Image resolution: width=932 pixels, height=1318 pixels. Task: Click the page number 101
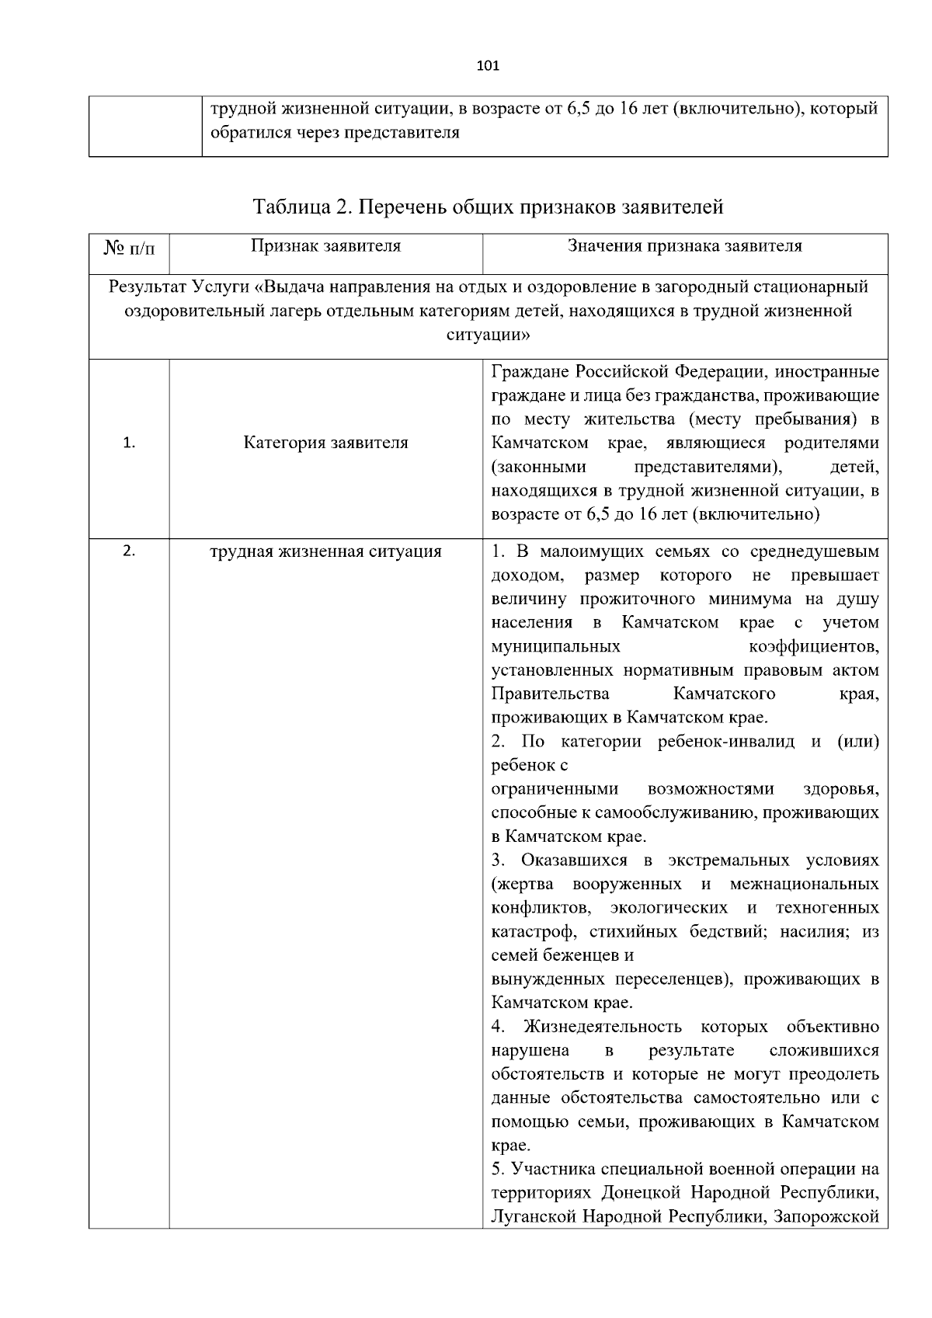click(x=487, y=65)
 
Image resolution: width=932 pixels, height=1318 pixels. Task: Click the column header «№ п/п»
click(x=129, y=249)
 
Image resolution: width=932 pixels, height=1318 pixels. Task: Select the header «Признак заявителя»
click(x=325, y=246)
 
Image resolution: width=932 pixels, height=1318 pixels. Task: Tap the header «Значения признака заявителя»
click(x=684, y=246)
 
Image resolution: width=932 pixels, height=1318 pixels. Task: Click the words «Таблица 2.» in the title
click(x=304, y=207)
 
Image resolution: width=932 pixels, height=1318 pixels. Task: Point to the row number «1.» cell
click(x=129, y=443)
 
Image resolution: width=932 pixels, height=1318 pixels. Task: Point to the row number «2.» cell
click(x=129, y=551)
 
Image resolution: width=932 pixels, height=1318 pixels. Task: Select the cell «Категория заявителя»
click(x=325, y=443)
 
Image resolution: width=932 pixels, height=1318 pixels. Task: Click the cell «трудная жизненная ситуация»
click(x=325, y=551)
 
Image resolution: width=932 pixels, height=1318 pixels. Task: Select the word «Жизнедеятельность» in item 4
click(x=603, y=1027)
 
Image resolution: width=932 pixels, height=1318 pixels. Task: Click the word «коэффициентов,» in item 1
click(x=814, y=646)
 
